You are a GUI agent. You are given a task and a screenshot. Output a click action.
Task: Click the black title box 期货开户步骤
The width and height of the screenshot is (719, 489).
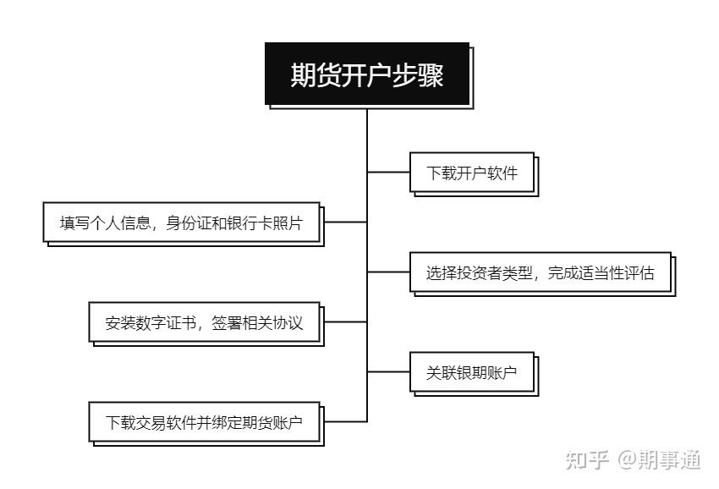(367, 74)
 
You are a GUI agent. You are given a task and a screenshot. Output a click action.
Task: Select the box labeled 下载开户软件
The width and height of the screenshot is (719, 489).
(472, 172)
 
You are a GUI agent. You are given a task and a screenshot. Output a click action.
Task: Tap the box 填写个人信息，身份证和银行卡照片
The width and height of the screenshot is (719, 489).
(182, 222)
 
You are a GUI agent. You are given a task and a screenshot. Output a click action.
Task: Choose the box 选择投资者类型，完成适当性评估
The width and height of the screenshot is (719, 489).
(541, 272)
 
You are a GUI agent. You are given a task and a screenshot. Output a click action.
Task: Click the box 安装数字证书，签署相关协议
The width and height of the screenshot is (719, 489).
(204, 322)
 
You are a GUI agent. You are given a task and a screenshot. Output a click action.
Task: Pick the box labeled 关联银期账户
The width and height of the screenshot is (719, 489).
(472, 372)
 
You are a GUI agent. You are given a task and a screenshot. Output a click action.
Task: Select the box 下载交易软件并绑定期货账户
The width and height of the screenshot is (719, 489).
(204, 422)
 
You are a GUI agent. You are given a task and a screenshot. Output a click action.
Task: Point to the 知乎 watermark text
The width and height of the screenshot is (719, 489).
(587, 459)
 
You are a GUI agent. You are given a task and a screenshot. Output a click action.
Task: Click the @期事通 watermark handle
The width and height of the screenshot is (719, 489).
(660, 459)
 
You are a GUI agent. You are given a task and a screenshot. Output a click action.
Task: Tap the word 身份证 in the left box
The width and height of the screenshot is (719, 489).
(189, 223)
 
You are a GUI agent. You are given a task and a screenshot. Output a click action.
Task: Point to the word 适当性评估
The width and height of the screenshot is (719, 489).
(616, 273)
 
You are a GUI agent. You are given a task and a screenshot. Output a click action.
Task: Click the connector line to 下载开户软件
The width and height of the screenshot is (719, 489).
(388, 172)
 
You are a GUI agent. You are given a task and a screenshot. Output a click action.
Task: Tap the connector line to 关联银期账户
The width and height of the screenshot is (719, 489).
(388, 371)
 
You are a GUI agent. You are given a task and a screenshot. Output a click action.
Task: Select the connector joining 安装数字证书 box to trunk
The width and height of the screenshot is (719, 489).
(345, 321)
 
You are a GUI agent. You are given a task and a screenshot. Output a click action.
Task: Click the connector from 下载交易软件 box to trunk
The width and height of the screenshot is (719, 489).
(345, 421)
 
